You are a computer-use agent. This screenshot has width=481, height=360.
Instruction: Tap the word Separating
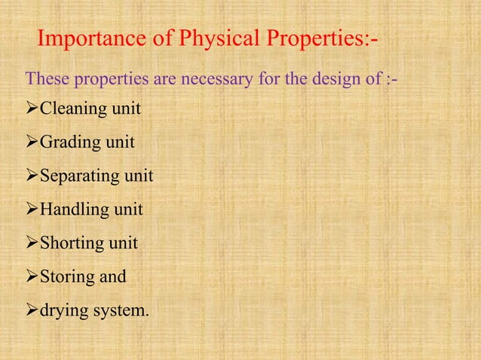78,177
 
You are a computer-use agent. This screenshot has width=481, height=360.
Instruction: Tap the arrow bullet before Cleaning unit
32,110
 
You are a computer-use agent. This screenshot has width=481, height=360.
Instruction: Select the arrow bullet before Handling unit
32,210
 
